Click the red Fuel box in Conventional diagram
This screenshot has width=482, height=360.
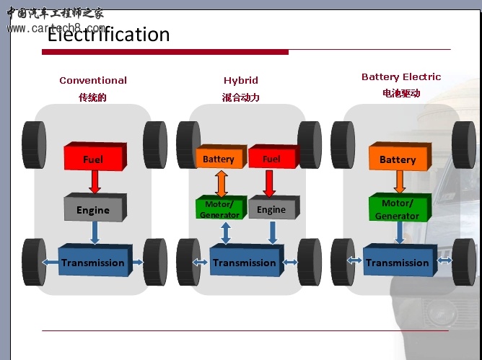pos(93,158)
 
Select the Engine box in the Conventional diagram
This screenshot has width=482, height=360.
pos(93,209)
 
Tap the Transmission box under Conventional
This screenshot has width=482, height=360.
pos(93,262)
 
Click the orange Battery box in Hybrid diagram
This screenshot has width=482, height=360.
pos(219,158)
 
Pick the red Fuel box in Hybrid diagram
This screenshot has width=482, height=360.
pos(271,158)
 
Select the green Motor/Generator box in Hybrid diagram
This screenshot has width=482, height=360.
pos(219,209)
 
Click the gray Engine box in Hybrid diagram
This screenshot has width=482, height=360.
pos(271,209)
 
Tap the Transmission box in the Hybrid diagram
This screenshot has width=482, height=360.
pos(245,262)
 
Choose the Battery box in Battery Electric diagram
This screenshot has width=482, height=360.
pos(398,159)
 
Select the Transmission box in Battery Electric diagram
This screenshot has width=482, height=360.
pos(398,262)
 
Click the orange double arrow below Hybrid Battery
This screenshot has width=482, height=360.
pos(222,183)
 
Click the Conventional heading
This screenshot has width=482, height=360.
pos(93,81)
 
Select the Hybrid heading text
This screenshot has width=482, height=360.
pos(240,81)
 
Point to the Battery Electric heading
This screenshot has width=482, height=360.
pos(401,77)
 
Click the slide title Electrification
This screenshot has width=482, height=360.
pos(108,34)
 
